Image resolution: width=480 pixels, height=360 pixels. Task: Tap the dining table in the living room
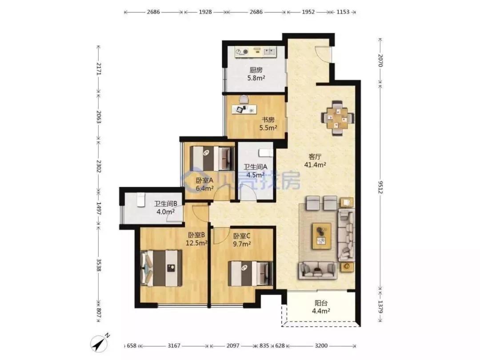point(338,117)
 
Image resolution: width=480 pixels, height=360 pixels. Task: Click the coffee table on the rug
point(321,236)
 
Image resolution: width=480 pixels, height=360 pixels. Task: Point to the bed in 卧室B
point(161,268)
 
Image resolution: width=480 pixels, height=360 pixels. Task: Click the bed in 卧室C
point(250,273)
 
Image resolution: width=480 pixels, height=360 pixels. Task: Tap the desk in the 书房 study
point(244,109)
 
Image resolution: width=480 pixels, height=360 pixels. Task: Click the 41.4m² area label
point(315,165)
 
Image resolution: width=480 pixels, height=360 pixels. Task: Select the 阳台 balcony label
point(321,303)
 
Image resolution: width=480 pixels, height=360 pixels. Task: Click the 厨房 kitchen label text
point(256,70)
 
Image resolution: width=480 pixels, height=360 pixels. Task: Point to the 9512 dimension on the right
point(380,187)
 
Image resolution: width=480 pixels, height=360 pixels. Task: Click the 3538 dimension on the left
point(99,265)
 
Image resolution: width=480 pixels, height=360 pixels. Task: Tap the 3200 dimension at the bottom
point(321,346)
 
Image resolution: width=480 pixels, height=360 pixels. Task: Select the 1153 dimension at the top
point(343,12)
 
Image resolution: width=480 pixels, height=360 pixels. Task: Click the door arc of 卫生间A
point(248,192)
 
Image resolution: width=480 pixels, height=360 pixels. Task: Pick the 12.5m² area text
point(196,244)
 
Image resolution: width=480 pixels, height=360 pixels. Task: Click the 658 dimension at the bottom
point(131,346)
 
